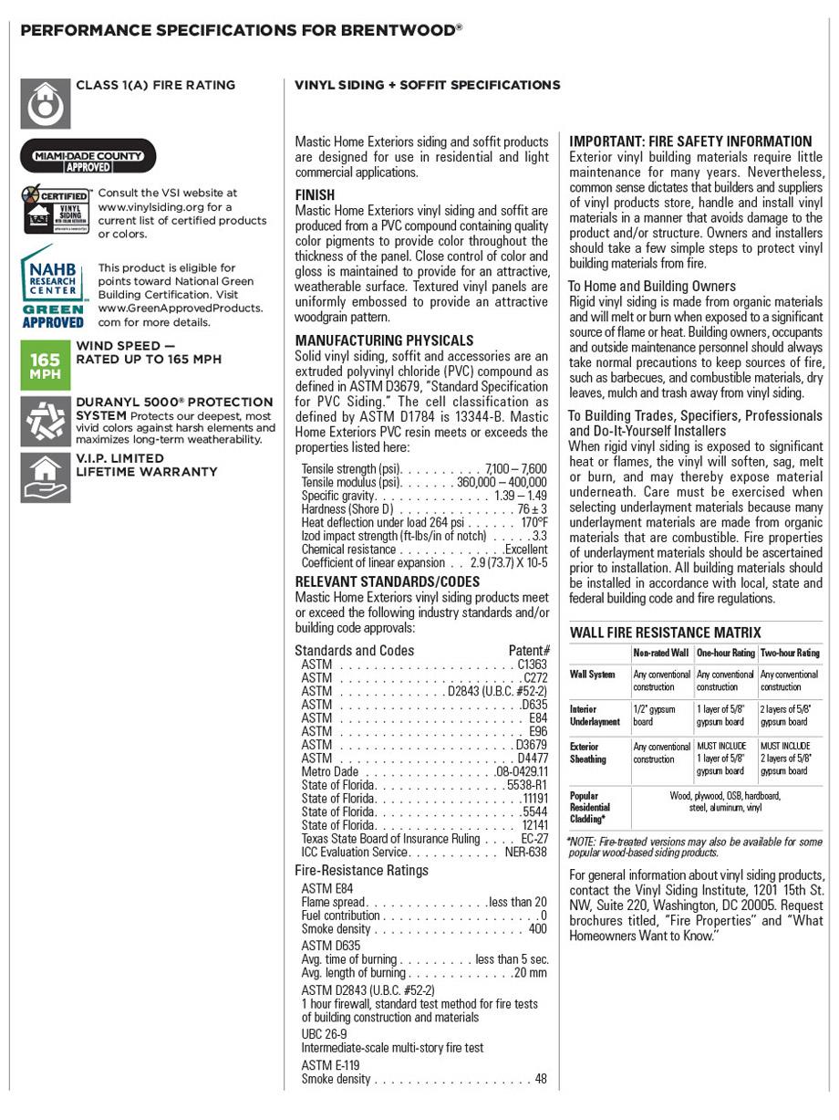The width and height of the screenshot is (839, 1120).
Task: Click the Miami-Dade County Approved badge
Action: (x=88, y=156)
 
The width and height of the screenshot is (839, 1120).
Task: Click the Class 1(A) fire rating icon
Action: (x=45, y=103)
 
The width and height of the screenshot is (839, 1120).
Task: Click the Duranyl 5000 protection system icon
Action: (x=45, y=419)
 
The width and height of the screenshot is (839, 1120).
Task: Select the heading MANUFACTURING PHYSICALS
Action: (x=384, y=340)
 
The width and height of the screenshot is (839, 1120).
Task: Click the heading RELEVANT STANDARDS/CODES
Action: (x=387, y=581)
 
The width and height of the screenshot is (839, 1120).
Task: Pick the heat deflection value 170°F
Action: (x=534, y=523)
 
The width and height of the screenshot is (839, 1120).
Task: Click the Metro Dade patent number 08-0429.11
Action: (x=522, y=771)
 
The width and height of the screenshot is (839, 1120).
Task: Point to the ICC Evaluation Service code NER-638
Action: (x=526, y=852)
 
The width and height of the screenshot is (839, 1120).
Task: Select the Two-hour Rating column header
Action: (x=790, y=653)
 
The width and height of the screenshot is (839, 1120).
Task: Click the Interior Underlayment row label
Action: (x=595, y=715)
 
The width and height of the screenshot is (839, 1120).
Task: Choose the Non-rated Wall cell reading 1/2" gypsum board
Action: (x=654, y=715)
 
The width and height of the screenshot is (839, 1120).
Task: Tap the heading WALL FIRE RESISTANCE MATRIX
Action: (x=665, y=633)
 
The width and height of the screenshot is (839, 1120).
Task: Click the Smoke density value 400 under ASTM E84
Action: (x=538, y=929)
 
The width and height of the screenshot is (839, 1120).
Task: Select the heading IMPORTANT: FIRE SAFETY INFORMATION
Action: (x=690, y=141)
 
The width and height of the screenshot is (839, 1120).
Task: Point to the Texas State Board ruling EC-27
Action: (x=534, y=838)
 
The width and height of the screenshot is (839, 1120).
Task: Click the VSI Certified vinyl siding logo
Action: (x=57, y=209)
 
